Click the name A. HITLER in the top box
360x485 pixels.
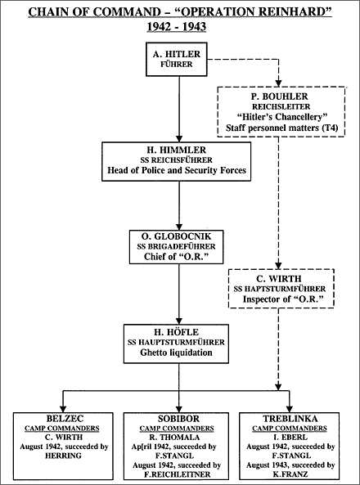[177, 54]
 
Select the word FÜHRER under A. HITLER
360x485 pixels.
[177, 65]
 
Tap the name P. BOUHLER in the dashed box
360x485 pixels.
[280, 97]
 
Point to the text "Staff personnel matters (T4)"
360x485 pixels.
[281, 128]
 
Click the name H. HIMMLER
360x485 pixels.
[177, 150]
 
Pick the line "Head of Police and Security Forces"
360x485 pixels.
[177, 170]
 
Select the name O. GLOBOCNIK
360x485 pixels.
[177, 236]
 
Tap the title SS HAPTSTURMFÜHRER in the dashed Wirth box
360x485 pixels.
[280, 289]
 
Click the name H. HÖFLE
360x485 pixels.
[177, 332]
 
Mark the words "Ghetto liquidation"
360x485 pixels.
[176, 353]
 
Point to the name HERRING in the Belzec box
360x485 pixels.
[63, 456]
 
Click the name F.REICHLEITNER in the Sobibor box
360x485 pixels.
[177, 474]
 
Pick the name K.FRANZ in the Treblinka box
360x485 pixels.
[290, 474]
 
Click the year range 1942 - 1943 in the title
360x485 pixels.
[177, 27]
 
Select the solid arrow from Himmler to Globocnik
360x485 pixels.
[179, 205]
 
